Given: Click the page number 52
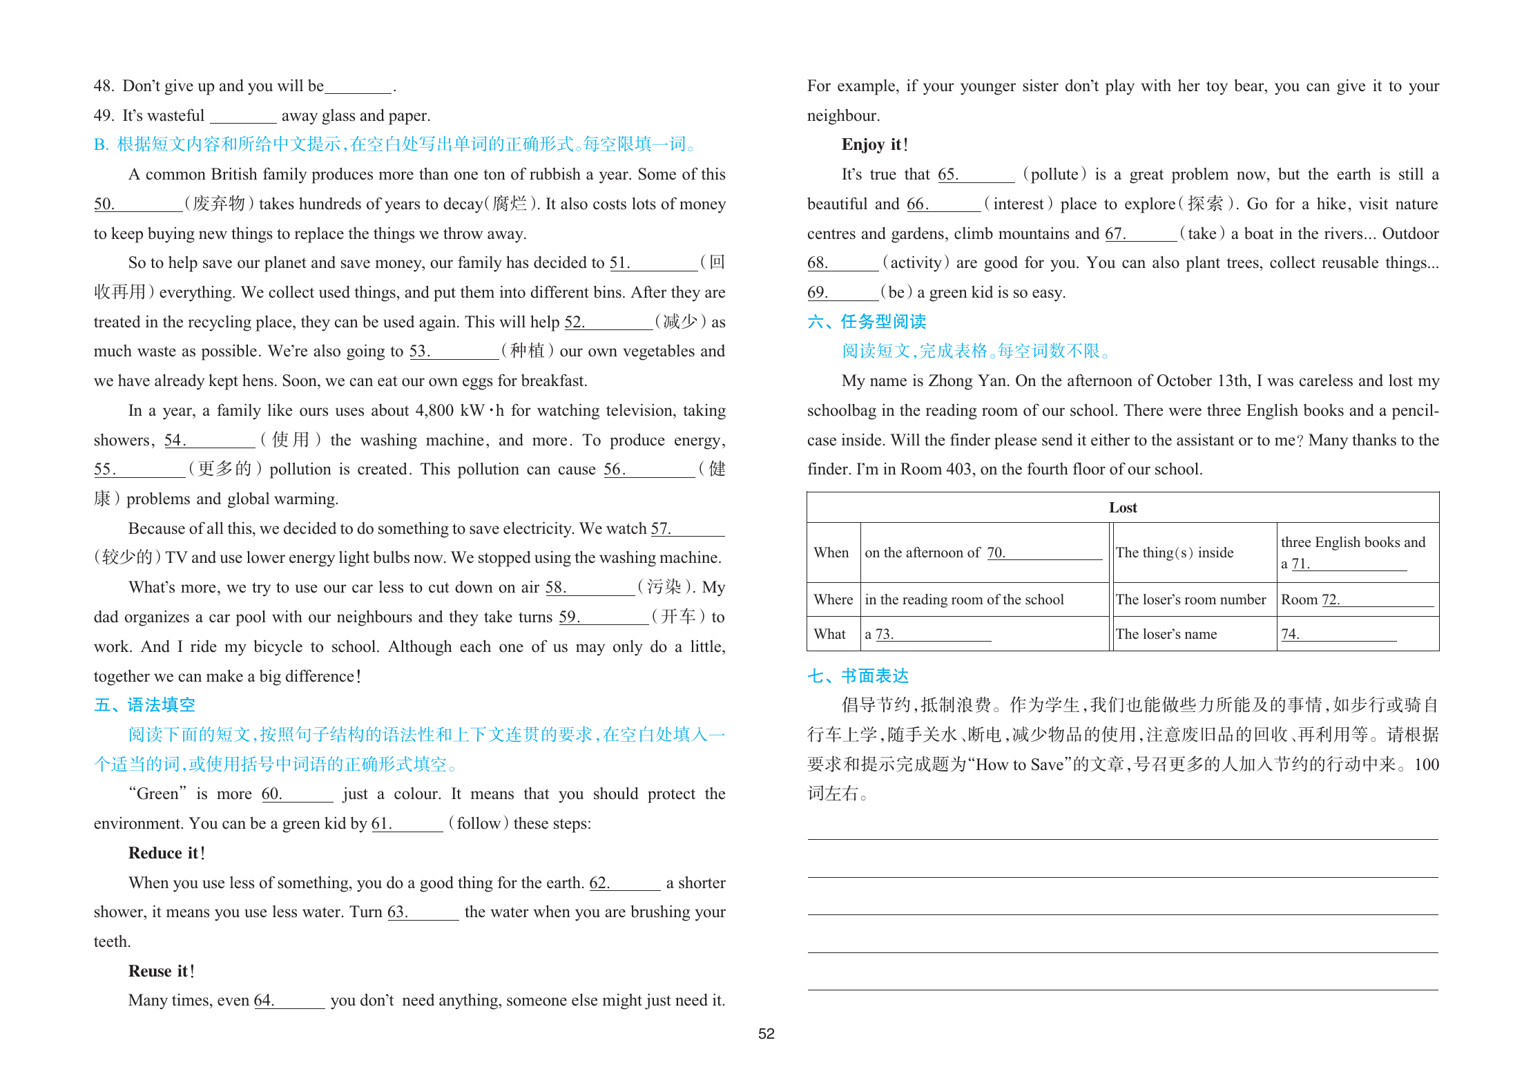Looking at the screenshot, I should point(766,1034).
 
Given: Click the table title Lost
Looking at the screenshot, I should point(1122,508).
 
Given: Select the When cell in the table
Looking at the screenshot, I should point(831,553).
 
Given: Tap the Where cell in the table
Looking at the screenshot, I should point(833,599).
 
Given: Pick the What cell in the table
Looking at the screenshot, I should point(829,634).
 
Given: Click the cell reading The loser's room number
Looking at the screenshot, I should point(1190,599).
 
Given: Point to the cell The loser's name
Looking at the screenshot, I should point(1166,634).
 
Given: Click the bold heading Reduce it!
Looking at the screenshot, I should point(166,853).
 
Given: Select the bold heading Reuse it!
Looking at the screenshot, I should point(161,971).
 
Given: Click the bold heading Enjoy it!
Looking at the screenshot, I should point(874,144).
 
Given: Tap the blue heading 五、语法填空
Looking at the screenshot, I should point(144,705).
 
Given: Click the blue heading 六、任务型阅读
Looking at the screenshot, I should point(866,322).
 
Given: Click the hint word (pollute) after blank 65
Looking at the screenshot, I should point(1054,174).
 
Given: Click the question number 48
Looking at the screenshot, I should point(104,86).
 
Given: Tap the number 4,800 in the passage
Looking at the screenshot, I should point(434,411).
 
